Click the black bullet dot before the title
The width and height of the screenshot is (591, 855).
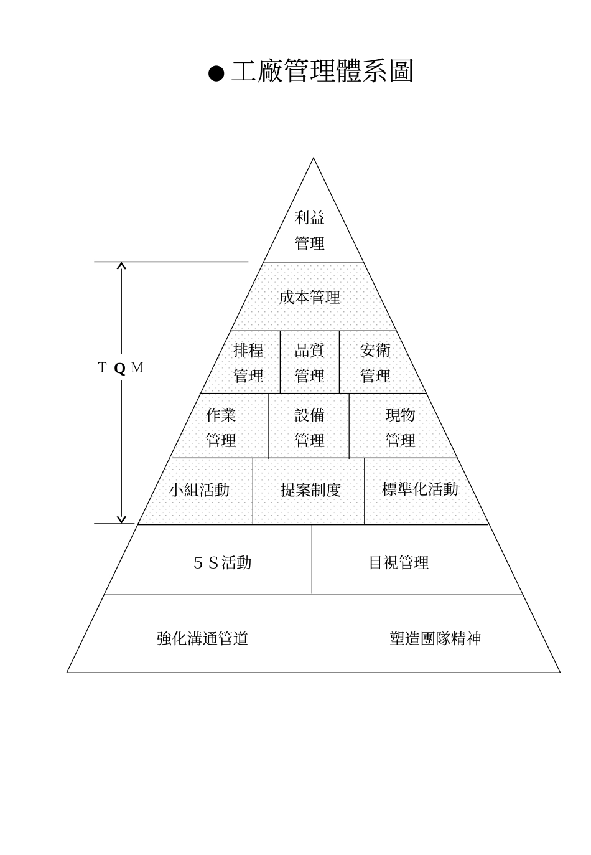[x=215, y=74]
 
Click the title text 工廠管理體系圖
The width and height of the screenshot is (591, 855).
[x=322, y=72]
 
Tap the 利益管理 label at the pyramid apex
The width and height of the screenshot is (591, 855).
[x=310, y=230]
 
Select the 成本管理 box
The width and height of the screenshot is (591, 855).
[x=310, y=298]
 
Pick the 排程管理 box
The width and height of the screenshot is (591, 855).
[x=248, y=363]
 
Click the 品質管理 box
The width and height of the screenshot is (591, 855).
[x=309, y=363]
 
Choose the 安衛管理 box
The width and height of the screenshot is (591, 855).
[x=375, y=363]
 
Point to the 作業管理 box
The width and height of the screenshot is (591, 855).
[x=221, y=427]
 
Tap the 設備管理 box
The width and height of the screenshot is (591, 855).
[x=309, y=427]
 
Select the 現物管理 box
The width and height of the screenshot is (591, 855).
[x=400, y=427]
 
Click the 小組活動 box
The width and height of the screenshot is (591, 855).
[x=199, y=490]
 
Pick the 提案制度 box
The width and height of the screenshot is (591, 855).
[x=310, y=490]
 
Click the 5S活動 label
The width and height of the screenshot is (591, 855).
[x=223, y=563]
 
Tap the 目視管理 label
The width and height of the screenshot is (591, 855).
[x=399, y=563]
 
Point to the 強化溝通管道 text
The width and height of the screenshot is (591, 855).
[x=203, y=638]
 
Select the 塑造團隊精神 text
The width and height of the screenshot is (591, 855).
[x=435, y=638]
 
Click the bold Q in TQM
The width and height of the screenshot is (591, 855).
[x=120, y=368]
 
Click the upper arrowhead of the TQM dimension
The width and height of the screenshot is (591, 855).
[x=122, y=266]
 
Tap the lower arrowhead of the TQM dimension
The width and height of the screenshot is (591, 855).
[x=122, y=519]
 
